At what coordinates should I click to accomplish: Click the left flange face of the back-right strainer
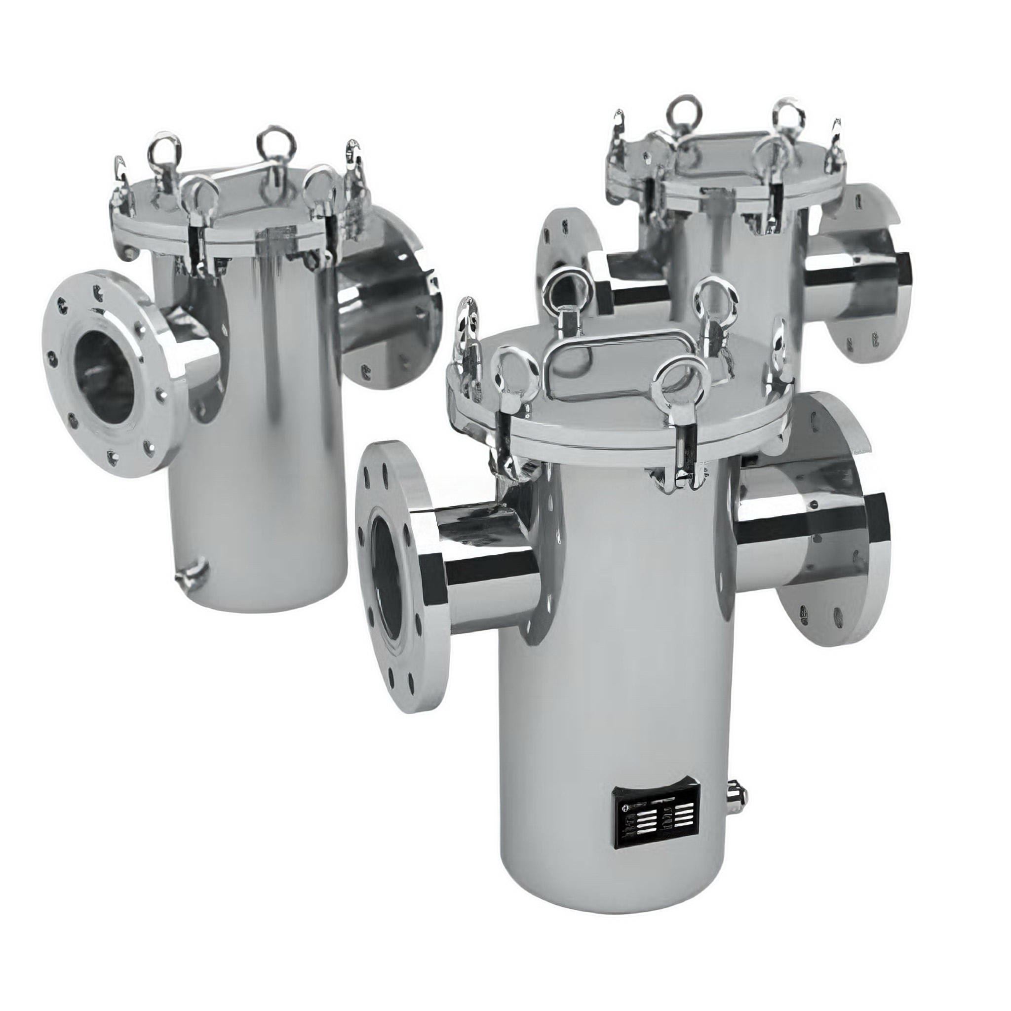pyautogui.click(x=568, y=262)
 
